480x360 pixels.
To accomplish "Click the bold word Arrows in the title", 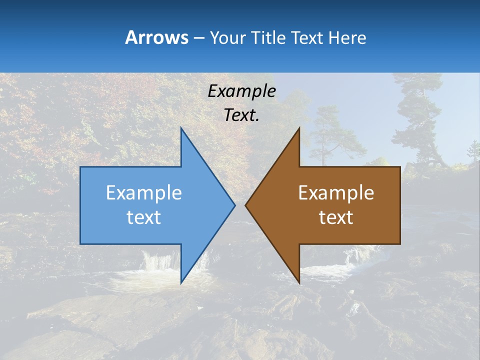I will pyautogui.click(x=156, y=37).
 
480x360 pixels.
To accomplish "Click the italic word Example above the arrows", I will pyautogui.click(x=241, y=91).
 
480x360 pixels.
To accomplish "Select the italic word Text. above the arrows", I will pyautogui.click(x=241, y=115).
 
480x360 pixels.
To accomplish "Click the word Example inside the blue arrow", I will pyautogui.click(x=144, y=193).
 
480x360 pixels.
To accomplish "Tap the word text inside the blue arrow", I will pyautogui.click(x=144, y=217).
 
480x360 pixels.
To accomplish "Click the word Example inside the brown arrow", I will pyautogui.click(x=336, y=193).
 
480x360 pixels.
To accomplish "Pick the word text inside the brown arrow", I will pyautogui.click(x=336, y=217).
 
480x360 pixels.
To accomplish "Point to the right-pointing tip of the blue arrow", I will pyautogui.click(x=234, y=205).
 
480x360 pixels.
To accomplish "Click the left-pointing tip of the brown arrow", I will pyautogui.click(x=246, y=205).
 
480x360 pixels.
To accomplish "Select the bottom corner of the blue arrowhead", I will pyautogui.click(x=181, y=282).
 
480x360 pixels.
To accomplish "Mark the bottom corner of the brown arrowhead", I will pyautogui.click(x=299, y=282).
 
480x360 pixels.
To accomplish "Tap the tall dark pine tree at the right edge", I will pyautogui.click(x=417, y=120).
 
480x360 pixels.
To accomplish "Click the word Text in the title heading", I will pyautogui.click(x=307, y=37).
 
